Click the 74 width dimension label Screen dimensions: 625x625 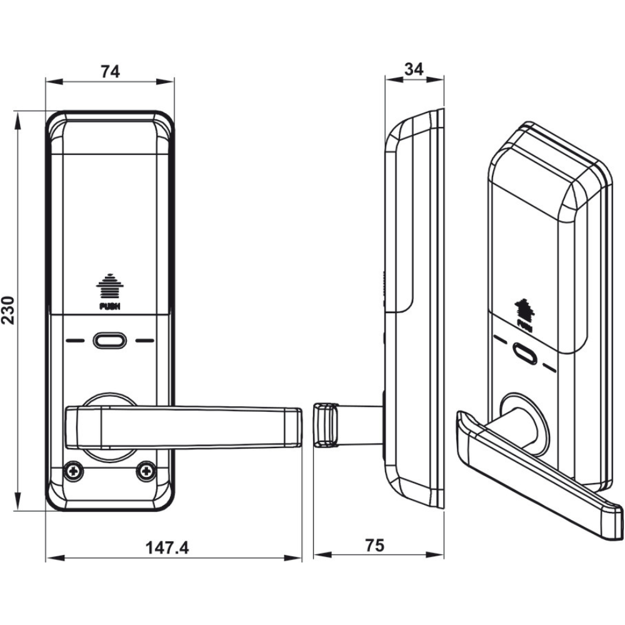pyautogui.click(x=110, y=71)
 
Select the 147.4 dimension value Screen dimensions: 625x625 pyautogui.click(x=167, y=548)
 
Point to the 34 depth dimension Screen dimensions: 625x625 pyautogui.click(x=414, y=69)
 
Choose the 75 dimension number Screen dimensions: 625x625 pyautogui.click(x=374, y=546)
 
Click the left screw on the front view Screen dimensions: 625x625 pyautogui.click(x=75, y=471)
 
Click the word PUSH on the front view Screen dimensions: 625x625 pyautogui.click(x=110, y=306)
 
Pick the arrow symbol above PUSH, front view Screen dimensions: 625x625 pyautogui.click(x=110, y=287)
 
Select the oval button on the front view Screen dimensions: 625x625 pyautogui.click(x=110, y=341)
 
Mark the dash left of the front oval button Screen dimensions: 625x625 pyautogui.click(x=74, y=341)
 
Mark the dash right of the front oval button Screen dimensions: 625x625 pyautogui.click(x=145, y=341)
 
